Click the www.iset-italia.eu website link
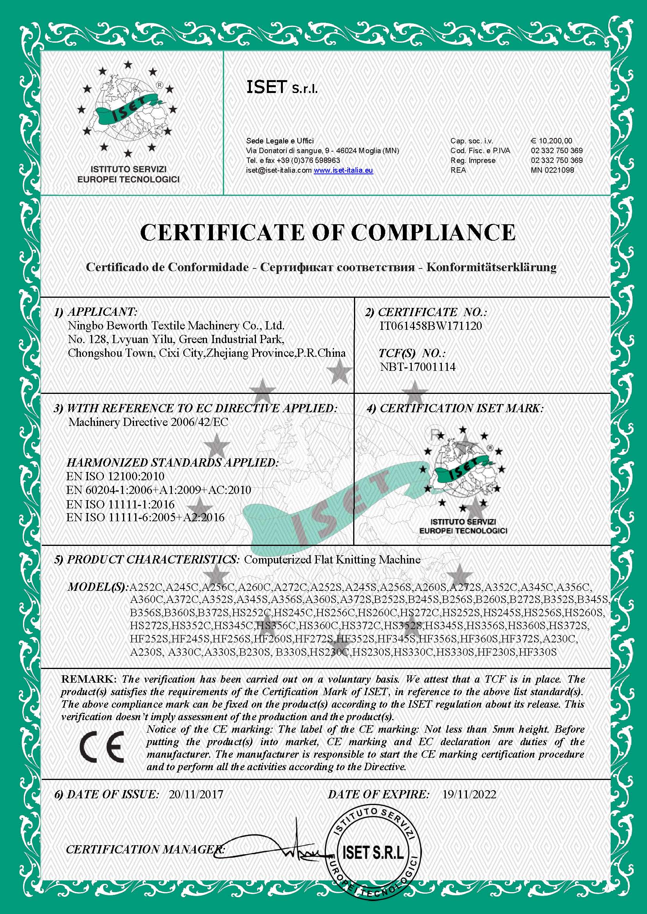(x=343, y=170)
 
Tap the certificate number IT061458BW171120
(x=431, y=326)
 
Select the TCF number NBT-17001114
(x=418, y=367)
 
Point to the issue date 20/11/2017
(x=196, y=794)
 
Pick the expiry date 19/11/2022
(x=469, y=794)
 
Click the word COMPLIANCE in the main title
(x=433, y=232)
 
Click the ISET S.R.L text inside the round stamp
(x=373, y=853)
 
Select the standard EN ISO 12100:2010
(x=115, y=476)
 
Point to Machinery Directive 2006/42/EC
(x=148, y=422)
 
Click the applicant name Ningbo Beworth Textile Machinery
(x=176, y=326)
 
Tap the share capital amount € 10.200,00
(x=551, y=141)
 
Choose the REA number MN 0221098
(x=552, y=170)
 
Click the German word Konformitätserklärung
(x=491, y=267)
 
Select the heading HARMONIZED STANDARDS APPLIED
(x=172, y=463)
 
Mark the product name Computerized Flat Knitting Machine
(x=332, y=560)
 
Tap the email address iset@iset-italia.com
(x=279, y=170)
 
